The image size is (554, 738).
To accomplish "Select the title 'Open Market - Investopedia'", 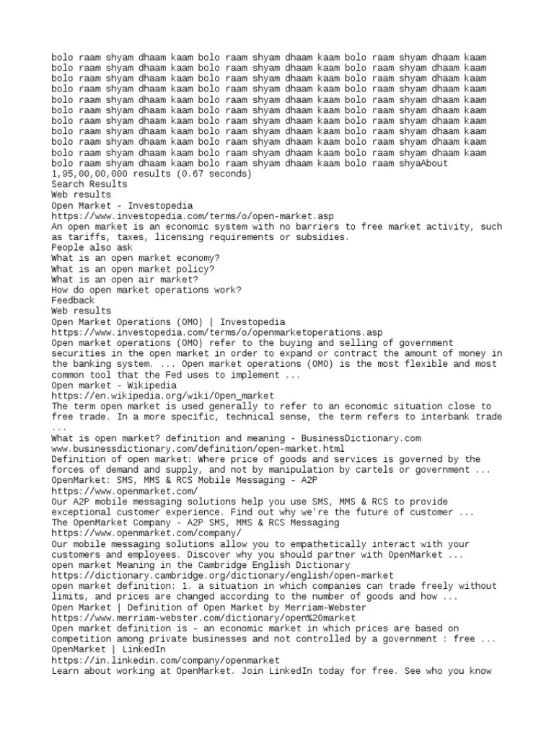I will (x=122, y=205).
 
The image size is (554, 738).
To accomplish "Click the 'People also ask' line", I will (x=92, y=248).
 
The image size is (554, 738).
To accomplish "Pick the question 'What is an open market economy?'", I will (x=136, y=258).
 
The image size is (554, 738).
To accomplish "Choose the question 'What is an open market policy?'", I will (x=133, y=269).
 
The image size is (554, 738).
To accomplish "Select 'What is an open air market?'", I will (x=125, y=280).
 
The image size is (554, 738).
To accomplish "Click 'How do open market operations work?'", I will (x=146, y=290).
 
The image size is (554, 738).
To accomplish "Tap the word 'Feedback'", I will (x=73, y=301).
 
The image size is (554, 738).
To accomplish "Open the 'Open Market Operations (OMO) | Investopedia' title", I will (x=168, y=321).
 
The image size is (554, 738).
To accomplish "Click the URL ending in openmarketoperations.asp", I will (x=217, y=332).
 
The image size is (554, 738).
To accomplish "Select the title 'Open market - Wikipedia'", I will (x=114, y=385).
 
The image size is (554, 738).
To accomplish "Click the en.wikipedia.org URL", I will (x=163, y=396).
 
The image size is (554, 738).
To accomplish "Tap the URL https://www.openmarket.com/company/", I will (x=146, y=533).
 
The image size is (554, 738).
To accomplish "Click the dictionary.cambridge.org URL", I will (x=222, y=575).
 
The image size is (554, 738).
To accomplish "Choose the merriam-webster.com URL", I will (x=203, y=618).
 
